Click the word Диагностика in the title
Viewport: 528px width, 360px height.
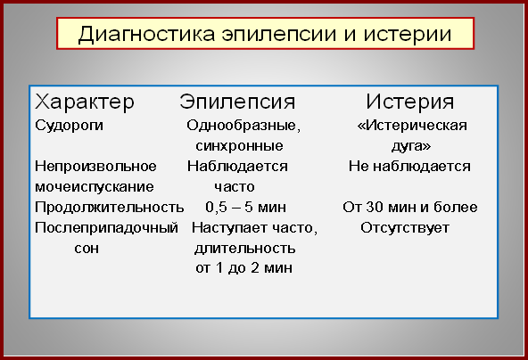tap(147, 35)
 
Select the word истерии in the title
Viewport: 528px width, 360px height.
tap(408, 35)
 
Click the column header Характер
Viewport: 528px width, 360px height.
tap(85, 102)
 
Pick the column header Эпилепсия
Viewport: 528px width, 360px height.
tap(237, 102)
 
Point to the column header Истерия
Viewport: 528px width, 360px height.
tap(410, 102)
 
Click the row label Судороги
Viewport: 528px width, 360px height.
tap(69, 126)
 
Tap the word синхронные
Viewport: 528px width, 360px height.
tap(239, 146)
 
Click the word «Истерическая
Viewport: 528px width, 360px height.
tap(412, 126)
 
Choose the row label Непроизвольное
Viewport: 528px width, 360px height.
tap(95, 167)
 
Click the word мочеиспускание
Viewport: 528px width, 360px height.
tap(95, 187)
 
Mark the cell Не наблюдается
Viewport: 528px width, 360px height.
tap(409, 167)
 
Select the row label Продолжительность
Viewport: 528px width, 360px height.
tap(110, 208)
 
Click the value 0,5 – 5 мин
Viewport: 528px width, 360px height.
tap(246, 208)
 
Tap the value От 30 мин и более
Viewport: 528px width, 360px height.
tap(410, 208)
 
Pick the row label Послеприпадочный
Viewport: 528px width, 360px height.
tap(106, 228)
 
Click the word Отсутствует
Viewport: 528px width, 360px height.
tap(405, 228)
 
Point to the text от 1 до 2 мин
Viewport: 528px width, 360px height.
tap(243, 268)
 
